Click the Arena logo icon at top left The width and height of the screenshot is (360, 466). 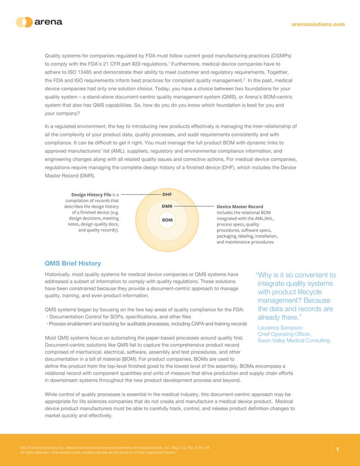(24, 23)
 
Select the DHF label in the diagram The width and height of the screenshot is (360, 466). (166, 195)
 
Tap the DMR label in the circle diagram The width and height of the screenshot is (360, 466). (166, 206)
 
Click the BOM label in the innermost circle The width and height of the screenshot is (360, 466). (166, 219)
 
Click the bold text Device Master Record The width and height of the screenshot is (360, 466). (240, 206)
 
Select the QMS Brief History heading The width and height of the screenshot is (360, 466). (72, 263)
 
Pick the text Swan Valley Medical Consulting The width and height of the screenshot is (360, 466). (289, 340)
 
